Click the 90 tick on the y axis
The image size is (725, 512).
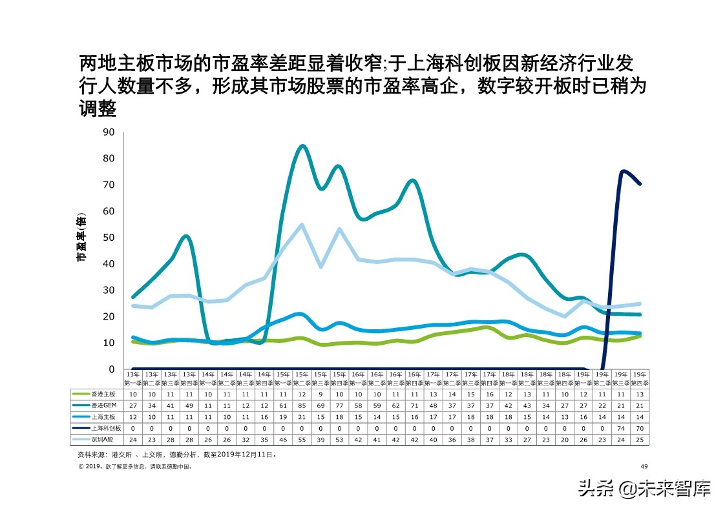coord(109,132)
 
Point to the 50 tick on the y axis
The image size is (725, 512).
coord(109,238)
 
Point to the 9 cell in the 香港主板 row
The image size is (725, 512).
coord(320,393)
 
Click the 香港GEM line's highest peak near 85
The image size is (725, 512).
coord(302,146)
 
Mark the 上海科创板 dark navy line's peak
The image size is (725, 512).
coord(622,171)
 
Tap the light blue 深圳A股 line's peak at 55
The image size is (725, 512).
coord(302,225)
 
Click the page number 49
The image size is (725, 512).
coord(644,466)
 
